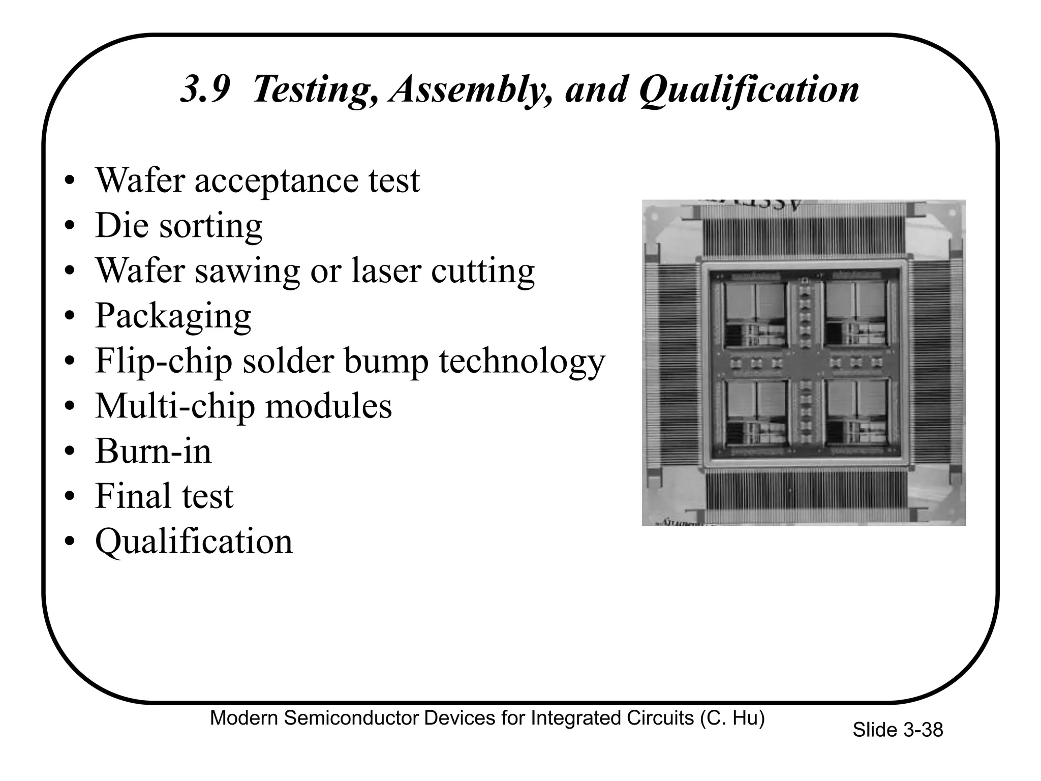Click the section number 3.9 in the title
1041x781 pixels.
point(205,89)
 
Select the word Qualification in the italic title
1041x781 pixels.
point(749,89)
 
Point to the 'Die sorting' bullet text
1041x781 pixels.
point(178,225)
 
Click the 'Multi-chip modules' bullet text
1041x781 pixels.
point(243,406)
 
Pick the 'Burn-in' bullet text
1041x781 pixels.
point(153,451)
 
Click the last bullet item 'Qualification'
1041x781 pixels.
point(194,542)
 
